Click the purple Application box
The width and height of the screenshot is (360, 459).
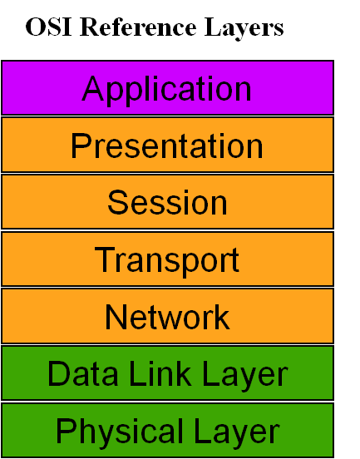point(167,87)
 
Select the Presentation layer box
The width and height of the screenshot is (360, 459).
point(167,145)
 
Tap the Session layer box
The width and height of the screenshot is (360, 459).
point(167,202)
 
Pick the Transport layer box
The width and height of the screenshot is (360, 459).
point(167,259)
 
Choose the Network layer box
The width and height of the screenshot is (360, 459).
point(167,316)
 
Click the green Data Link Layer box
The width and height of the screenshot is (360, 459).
point(167,373)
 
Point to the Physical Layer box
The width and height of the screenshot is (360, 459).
point(167,431)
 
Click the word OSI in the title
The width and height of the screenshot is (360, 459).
point(42,28)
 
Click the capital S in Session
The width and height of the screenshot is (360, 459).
point(118,202)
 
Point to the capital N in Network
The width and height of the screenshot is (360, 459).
point(116,317)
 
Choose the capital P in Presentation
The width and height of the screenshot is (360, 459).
point(81,146)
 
